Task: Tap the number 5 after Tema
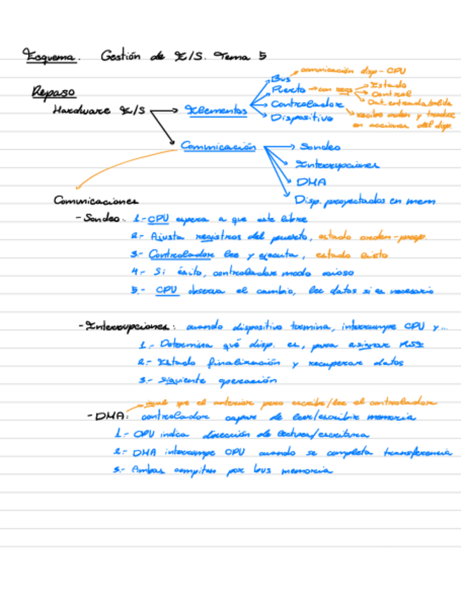tap(262, 56)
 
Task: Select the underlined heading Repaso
tap(53, 92)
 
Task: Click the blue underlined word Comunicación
tap(218, 146)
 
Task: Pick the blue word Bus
tap(280, 79)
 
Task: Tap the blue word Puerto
tap(288, 91)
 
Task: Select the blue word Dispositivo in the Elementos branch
tap(301, 118)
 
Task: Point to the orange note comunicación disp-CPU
tap(352, 71)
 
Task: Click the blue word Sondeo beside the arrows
tap(320, 147)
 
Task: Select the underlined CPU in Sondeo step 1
tap(158, 219)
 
